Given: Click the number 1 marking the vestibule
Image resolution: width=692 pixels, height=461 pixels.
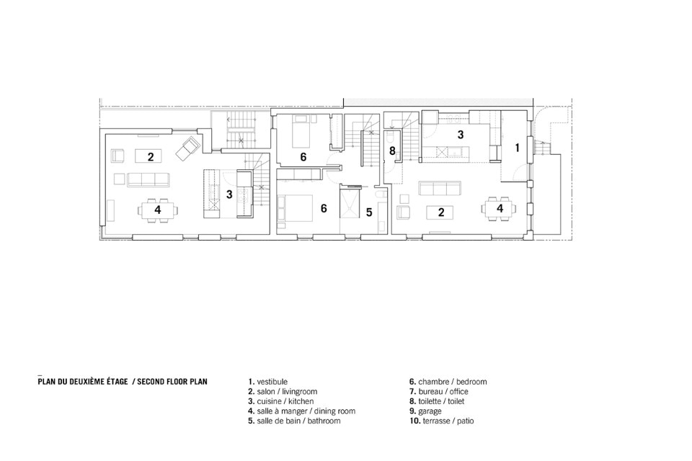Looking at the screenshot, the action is (x=518, y=148).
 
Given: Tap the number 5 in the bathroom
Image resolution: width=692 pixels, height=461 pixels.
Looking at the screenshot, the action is (x=369, y=212).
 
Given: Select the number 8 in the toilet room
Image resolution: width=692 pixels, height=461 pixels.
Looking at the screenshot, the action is (x=392, y=151).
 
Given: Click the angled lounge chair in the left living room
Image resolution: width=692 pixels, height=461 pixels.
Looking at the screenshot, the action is (x=188, y=148).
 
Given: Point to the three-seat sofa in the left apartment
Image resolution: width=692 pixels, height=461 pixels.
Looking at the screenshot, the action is (x=148, y=179).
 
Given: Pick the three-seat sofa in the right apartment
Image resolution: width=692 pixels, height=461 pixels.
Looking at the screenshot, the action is (x=440, y=188).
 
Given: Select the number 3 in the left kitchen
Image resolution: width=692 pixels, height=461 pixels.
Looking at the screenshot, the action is (x=229, y=194).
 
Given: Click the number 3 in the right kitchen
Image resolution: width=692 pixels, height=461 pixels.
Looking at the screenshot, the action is (x=461, y=135).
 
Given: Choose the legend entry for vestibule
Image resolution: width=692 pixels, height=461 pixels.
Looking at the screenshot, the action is (x=267, y=382).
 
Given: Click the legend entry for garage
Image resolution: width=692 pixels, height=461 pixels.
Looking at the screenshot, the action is (x=425, y=411).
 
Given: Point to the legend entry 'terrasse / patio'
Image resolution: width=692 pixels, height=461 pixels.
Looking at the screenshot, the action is (x=442, y=421).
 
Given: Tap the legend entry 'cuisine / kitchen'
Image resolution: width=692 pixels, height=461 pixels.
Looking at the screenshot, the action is (x=281, y=401).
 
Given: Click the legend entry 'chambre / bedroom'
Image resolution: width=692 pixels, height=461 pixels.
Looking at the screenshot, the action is (x=448, y=382).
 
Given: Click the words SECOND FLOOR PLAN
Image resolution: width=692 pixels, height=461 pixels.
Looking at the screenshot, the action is (x=172, y=382).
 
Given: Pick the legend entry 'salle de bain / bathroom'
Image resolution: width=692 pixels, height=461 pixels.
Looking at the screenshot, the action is (x=294, y=421).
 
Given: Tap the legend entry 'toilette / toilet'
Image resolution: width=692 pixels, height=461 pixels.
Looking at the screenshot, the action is (x=437, y=401).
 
